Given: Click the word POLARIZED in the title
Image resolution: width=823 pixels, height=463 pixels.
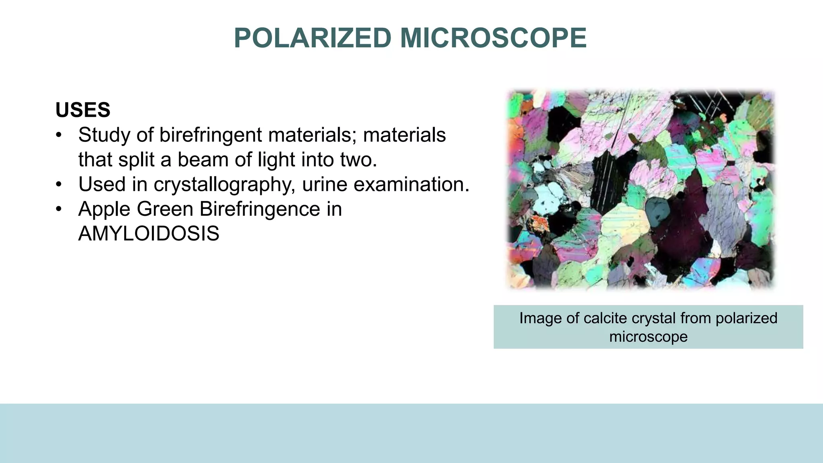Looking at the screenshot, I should point(313,38).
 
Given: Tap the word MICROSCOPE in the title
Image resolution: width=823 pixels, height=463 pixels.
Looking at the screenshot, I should point(493,38).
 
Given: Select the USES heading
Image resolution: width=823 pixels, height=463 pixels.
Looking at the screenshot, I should point(83,110).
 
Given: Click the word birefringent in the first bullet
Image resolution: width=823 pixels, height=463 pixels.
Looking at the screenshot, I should point(211,135).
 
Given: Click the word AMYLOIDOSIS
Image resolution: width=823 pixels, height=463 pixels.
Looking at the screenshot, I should point(149,234).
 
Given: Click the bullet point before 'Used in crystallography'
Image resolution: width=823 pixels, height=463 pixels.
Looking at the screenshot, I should point(59,185).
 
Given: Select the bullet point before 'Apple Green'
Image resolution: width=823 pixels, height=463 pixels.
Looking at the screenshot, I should point(59,209).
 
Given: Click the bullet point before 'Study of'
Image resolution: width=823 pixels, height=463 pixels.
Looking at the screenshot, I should point(59,135).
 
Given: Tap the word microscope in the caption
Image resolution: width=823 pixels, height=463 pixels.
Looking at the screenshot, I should point(648,336).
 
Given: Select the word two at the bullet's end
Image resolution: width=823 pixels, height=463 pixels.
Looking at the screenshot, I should point(358,160).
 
